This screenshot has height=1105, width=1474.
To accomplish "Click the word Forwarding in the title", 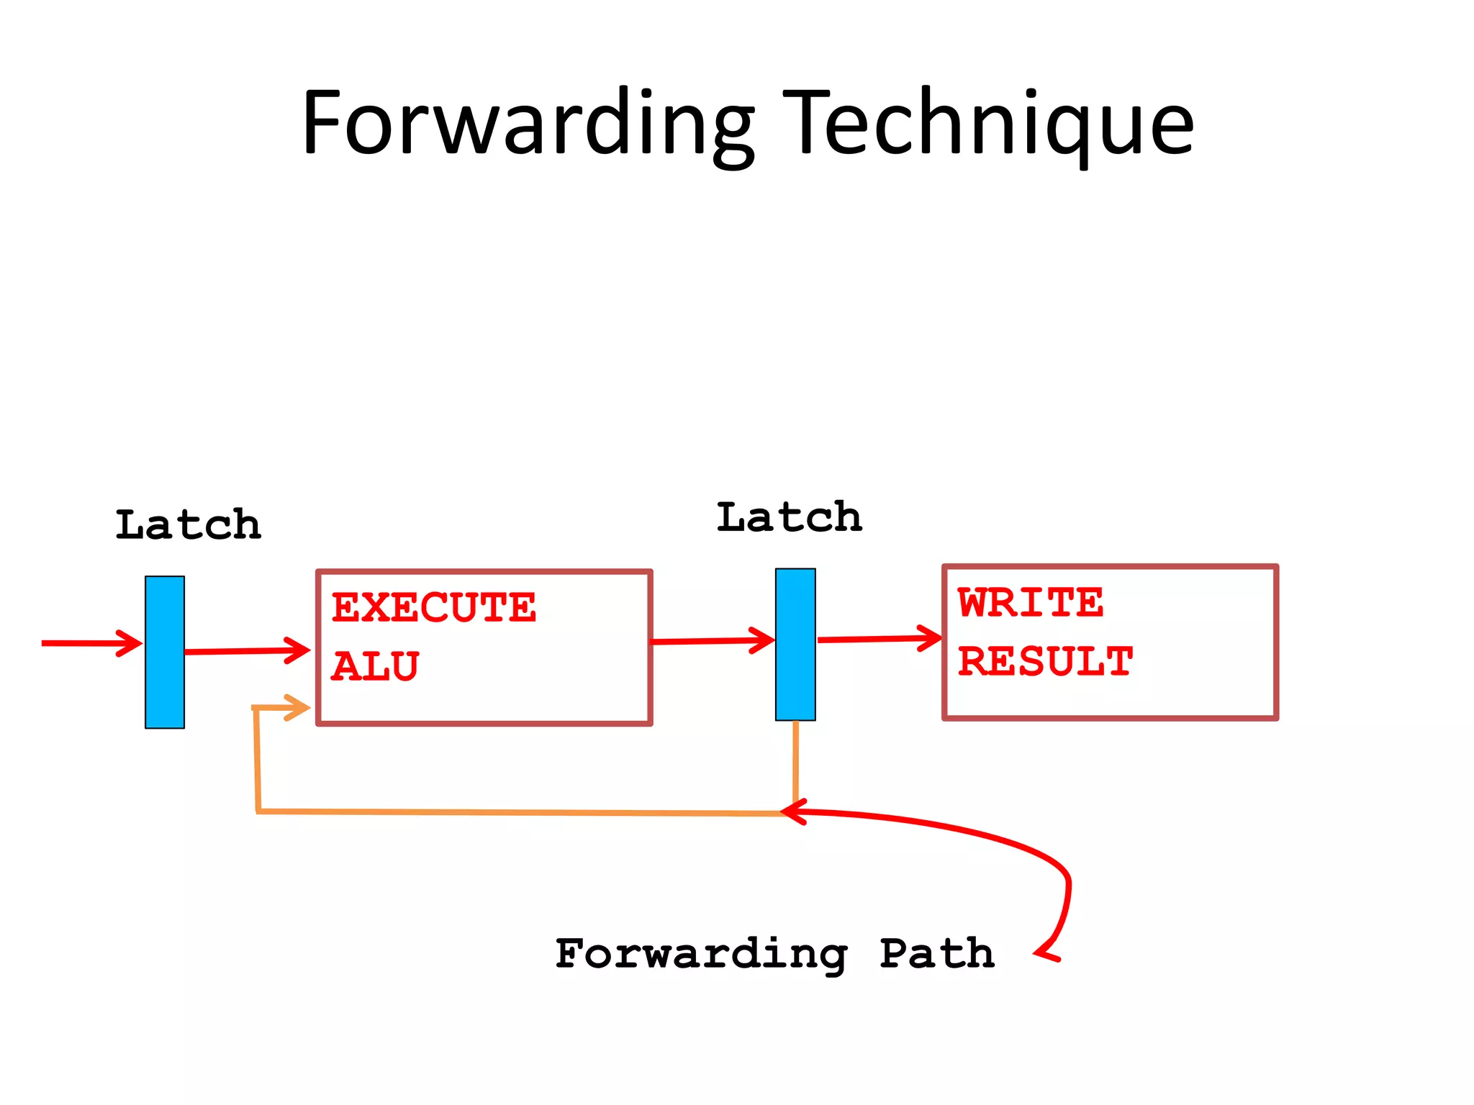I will click(x=528, y=124).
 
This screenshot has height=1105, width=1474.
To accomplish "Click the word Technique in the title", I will click(x=987, y=124).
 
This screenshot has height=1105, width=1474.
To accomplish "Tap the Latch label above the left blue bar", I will click(x=188, y=525).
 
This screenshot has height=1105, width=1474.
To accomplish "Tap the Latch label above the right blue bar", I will click(x=789, y=518).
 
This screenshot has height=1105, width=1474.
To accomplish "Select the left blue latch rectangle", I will click(x=165, y=652).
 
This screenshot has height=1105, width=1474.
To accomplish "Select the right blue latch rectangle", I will click(x=795, y=644).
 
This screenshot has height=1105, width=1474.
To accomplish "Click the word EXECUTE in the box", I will click(x=434, y=608).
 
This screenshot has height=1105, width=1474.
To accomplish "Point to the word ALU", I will click(x=375, y=667).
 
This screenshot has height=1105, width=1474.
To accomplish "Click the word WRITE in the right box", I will click(x=1030, y=603).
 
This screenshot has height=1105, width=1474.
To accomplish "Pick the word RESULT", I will click(x=1045, y=662).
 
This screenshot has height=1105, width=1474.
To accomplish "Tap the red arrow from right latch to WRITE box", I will click(x=879, y=639).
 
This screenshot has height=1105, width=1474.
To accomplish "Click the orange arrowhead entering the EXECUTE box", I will click(x=295, y=708).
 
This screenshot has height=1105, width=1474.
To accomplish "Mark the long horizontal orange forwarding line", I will click(x=518, y=812).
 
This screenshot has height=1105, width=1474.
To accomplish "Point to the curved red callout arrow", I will click(x=1008, y=842).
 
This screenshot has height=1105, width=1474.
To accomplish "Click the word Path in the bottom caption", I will click(x=937, y=955).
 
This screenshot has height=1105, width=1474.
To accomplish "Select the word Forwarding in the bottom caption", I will click(x=701, y=955).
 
